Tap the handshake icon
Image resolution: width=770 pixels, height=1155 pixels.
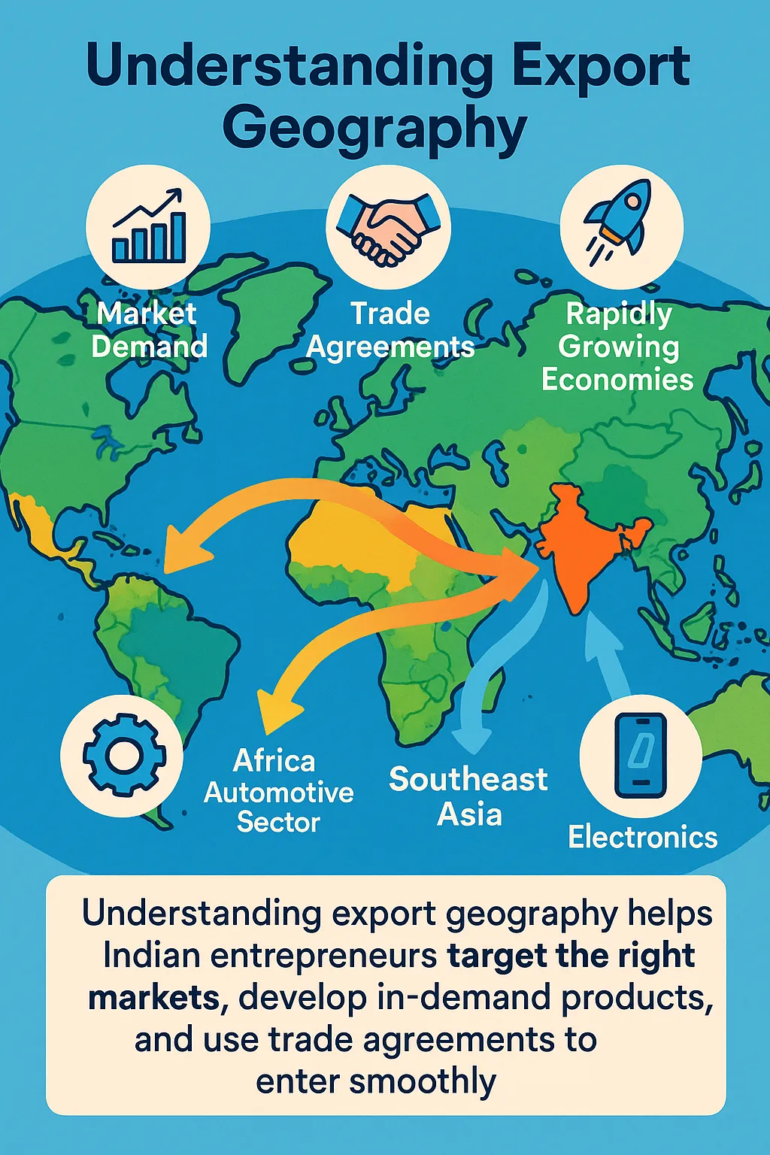tap(388, 226)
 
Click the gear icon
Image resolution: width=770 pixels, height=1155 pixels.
tap(123, 755)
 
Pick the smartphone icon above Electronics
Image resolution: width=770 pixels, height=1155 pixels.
tap(640, 755)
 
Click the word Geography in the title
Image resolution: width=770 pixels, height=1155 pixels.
tap(374, 128)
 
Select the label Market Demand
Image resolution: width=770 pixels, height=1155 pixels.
tap(148, 329)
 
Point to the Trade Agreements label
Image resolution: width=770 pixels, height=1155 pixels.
tap(390, 330)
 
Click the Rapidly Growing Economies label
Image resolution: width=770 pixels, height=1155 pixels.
tap(617, 346)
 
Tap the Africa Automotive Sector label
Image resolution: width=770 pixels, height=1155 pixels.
tap(278, 792)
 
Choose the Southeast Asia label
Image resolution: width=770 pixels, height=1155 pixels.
tap(468, 796)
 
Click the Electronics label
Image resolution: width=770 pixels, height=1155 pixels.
tap(642, 837)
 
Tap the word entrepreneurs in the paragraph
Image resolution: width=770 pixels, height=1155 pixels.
tap(323, 956)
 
